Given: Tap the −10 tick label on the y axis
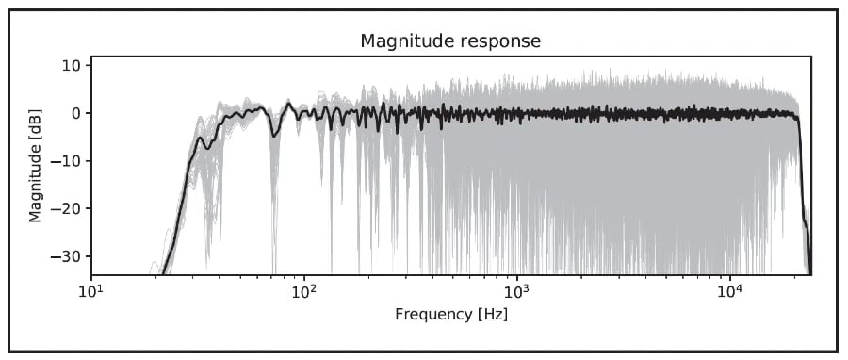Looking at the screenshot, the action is (x=66, y=160).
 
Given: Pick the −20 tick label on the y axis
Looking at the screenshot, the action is (x=66, y=208).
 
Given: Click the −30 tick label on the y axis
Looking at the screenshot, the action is (x=66, y=255).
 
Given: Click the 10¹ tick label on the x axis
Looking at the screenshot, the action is (x=91, y=292).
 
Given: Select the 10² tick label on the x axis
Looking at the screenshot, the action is (x=304, y=292).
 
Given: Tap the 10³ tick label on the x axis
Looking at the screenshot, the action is (x=517, y=292).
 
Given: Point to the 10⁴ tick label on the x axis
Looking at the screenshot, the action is (x=730, y=292).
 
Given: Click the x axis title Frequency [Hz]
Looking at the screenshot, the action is (x=451, y=315).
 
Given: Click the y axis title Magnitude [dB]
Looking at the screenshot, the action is (x=35, y=166).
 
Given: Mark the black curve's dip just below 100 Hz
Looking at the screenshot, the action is (x=275, y=135).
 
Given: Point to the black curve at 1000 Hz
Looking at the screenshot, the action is (x=517, y=112).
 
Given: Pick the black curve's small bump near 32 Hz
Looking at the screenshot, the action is (x=201, y=138).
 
